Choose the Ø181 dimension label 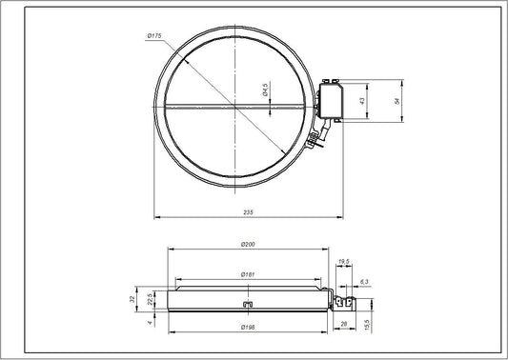tap(247, 275)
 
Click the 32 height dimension tap(133, 298)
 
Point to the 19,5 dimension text tap(344, 261)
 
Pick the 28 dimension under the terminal tap(342, 324)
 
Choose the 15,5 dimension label tap(367, 325)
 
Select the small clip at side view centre tap(247, 305)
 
